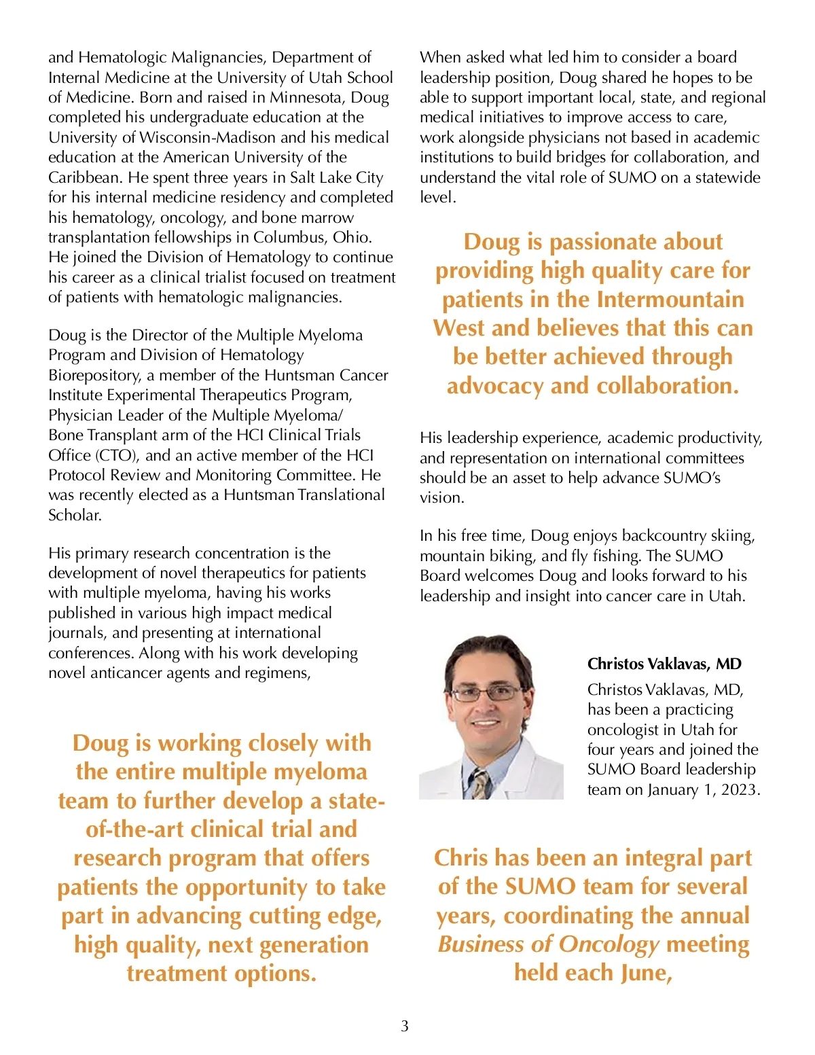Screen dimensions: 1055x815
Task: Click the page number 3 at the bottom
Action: pyautogui.click(x=405, y=1026)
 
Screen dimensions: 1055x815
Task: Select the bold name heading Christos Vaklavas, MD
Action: pyautogui.click(x=664, y=664)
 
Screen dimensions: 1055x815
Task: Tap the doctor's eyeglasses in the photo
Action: pyautogui.click(x=488, y=694)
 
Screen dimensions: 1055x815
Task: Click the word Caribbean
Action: pyautogui.click(x=85, y=177)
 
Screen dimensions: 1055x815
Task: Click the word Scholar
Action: pyautogui.click(x=75, y=515)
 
